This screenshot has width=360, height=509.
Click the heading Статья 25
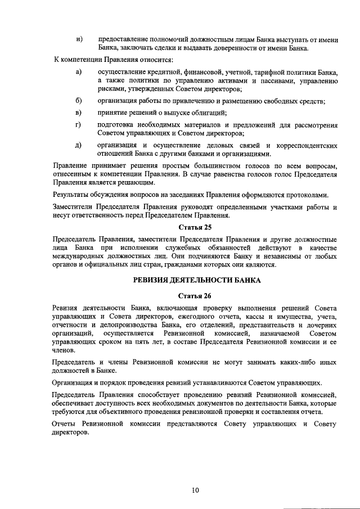[x=194, y=227]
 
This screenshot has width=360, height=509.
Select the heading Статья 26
[x=194, y=295]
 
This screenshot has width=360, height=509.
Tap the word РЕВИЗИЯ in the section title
[x=156, y=280]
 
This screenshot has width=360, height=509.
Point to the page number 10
[x=195, y=490]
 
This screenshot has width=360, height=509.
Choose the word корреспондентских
[x=307, y=145]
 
